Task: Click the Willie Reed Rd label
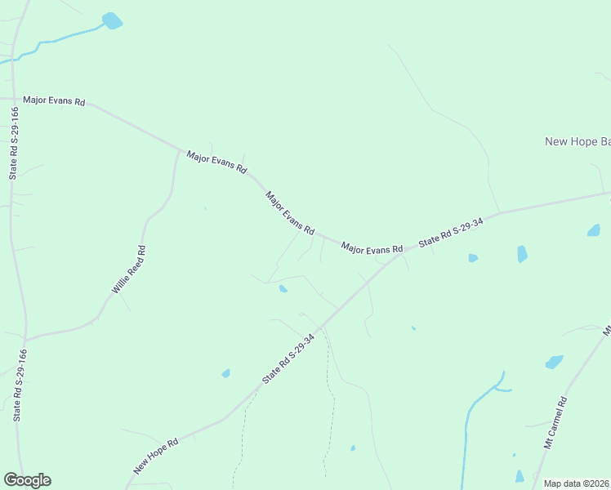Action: coord(129,270)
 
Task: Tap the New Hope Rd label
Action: coord(156,458)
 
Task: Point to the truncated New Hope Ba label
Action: coord(577,142)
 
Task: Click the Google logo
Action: coord(27,480)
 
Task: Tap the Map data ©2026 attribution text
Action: coord(577,483)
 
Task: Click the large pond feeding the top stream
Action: coord(112,20)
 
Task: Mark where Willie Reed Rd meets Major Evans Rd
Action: coord(179,149)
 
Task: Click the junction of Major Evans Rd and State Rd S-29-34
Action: coord(400,254)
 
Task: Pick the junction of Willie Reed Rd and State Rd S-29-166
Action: coord(25,340)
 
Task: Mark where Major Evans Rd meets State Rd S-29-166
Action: coord(11,98)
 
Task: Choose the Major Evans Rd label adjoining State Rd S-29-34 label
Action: coord(372,247)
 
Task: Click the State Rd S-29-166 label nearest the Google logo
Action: coord(20,385)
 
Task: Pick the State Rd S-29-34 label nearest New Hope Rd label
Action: coord(288,359)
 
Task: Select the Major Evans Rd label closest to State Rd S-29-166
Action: coord(54,100)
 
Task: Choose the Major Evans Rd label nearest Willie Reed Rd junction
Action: coord(216,162)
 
